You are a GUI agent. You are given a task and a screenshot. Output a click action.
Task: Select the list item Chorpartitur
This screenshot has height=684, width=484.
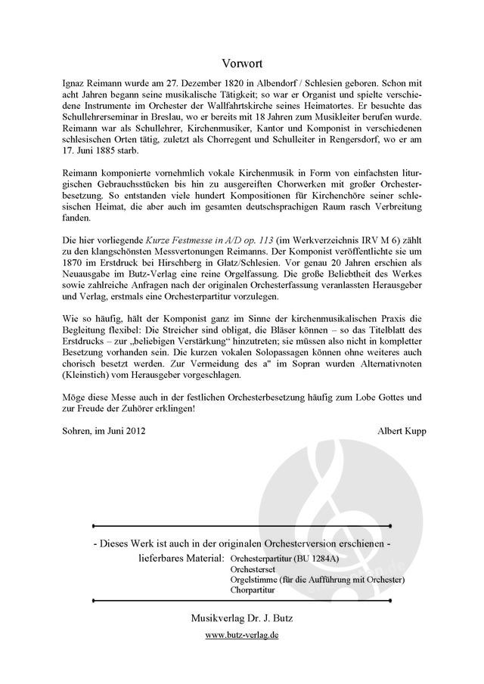(x=256, y=590)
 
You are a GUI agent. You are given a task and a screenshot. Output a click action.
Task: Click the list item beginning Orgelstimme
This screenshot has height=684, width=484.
(x=318, y=579)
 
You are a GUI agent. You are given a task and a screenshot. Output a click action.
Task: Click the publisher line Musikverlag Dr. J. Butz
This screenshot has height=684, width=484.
(x=242, y=618)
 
